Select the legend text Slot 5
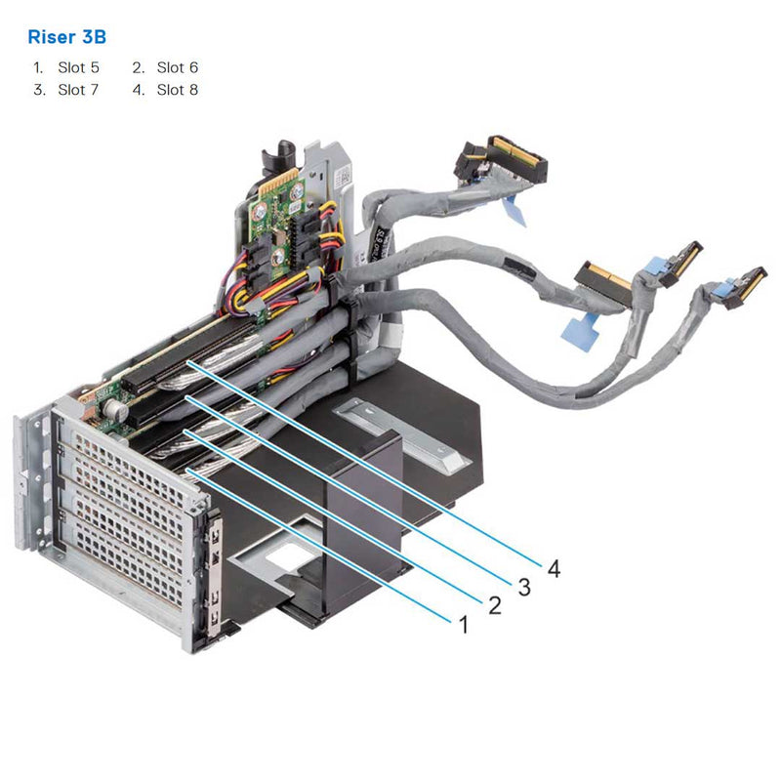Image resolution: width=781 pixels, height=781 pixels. pyautogui.click(x=78, y=67)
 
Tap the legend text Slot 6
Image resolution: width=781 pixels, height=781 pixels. pyautogui.click(x=177, y=67)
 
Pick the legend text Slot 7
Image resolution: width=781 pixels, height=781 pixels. pyautogui.click(x=78, y=90)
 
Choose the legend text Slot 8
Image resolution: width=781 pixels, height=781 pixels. pyautogui.click(x=177, y=90)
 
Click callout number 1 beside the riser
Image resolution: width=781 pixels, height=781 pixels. pyautogui.click(x=463, y=623)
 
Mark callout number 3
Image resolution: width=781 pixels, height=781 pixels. pyautogui.click(x=524, y=587)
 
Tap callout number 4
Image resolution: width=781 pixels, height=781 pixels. pyautogui.click(x=554, y=568)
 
